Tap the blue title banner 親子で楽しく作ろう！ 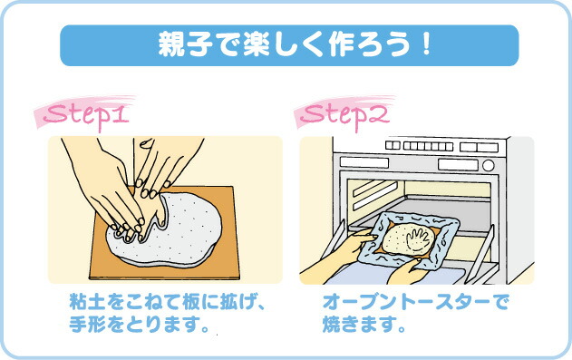point(288,44)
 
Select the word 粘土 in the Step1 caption point(83,303)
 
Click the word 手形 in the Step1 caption point(83,323)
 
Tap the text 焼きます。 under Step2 point(363,323)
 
